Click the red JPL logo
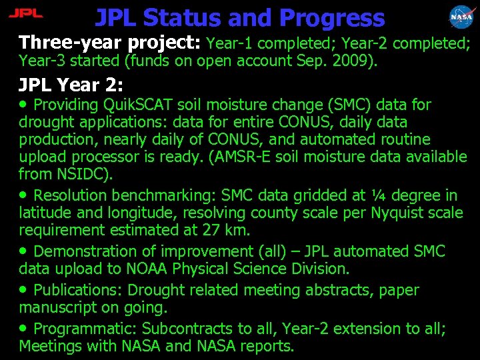27,13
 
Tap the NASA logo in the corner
462,16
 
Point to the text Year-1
230,44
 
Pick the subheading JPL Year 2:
71,85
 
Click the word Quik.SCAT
139,105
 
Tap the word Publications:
78,290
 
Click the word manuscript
59,307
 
